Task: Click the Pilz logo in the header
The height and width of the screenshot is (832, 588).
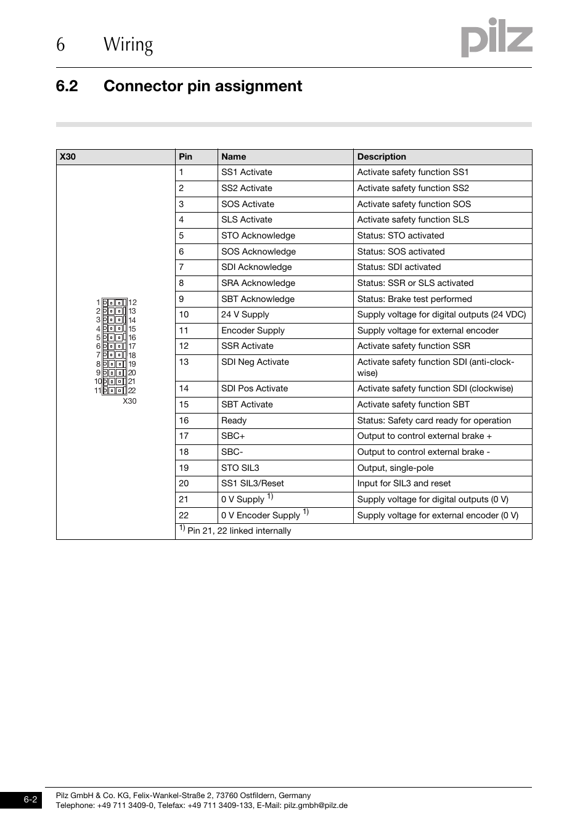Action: (496, 38)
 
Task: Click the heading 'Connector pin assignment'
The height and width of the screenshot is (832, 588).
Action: (203, 86)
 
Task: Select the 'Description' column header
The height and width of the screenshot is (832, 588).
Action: (382, 157)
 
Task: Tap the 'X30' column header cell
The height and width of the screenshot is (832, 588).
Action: (68, 157)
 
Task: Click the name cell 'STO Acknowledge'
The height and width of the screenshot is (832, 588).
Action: (258, 235)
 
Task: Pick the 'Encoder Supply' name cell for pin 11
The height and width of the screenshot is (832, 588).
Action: (253, 330)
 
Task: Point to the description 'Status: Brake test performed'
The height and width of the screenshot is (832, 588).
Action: (414, 299)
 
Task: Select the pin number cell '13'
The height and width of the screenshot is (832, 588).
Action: (184, 362)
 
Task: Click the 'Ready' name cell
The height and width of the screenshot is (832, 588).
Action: (234, 420)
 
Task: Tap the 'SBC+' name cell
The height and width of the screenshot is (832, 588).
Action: (233, 436)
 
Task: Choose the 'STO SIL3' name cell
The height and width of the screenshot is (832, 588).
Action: (240, 468)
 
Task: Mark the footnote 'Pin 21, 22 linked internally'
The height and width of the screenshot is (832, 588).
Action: (239, 531)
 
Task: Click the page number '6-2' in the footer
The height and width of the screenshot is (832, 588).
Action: (31, 799)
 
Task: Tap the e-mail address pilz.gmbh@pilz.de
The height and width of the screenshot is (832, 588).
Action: (316, 805)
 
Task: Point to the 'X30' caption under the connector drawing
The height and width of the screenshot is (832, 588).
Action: (129, 401)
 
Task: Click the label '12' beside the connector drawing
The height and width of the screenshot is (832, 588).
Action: (133, 303)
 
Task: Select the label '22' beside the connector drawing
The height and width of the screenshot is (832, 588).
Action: (132, 391)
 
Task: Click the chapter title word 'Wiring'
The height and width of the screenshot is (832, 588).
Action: (128, 44)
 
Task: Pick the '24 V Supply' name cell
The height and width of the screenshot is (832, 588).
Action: (245, 314)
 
